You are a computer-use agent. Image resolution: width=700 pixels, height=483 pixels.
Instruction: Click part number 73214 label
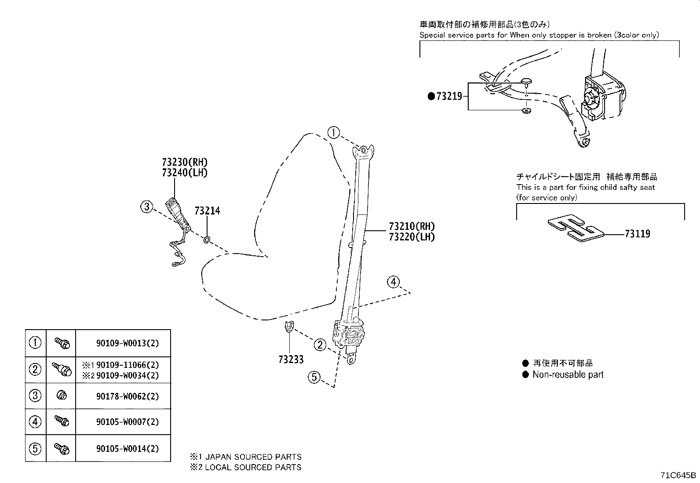(207, 211)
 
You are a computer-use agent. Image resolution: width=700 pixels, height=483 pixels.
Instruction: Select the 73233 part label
(291, 360)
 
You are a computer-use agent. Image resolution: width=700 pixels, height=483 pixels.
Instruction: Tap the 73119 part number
(637, 234)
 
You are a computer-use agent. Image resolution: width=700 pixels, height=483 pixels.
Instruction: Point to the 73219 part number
(449, 96)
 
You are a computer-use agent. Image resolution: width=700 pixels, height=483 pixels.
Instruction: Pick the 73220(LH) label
(412, 237)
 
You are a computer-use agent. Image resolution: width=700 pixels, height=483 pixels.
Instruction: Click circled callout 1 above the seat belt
(334, 132)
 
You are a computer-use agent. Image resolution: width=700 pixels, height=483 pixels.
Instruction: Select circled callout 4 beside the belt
(393, 282)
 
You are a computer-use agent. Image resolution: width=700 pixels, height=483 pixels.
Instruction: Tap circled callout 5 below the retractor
(314, 377)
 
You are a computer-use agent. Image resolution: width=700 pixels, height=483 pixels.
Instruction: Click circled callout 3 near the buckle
(147, 206)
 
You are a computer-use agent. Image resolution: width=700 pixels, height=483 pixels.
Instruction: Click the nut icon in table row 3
(61, 396)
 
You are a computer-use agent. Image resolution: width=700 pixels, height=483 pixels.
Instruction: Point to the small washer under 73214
(207, 240)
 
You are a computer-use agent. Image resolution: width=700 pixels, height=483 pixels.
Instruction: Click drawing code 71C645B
(678, 476)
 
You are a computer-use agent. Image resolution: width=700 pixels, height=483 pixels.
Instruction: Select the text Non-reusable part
(568, 375)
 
